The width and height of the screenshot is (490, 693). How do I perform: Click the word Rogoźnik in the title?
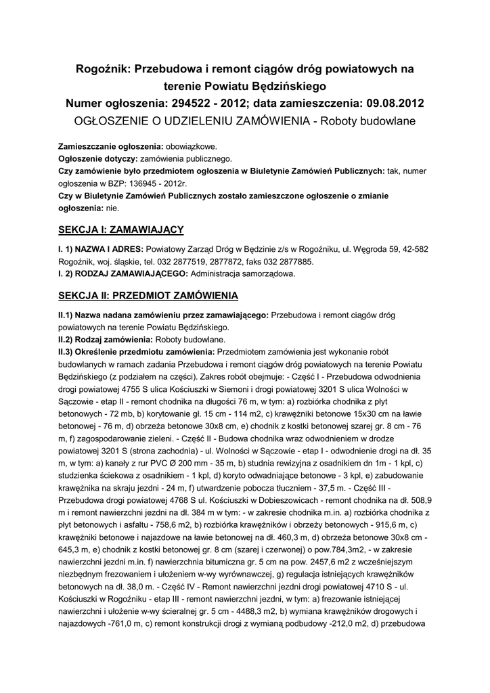(x=104, y=68)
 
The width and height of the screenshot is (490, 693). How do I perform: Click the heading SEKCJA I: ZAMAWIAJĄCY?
(x=120, y=229)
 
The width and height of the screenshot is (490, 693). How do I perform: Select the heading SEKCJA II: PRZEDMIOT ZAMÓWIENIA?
(x=148, y=296)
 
